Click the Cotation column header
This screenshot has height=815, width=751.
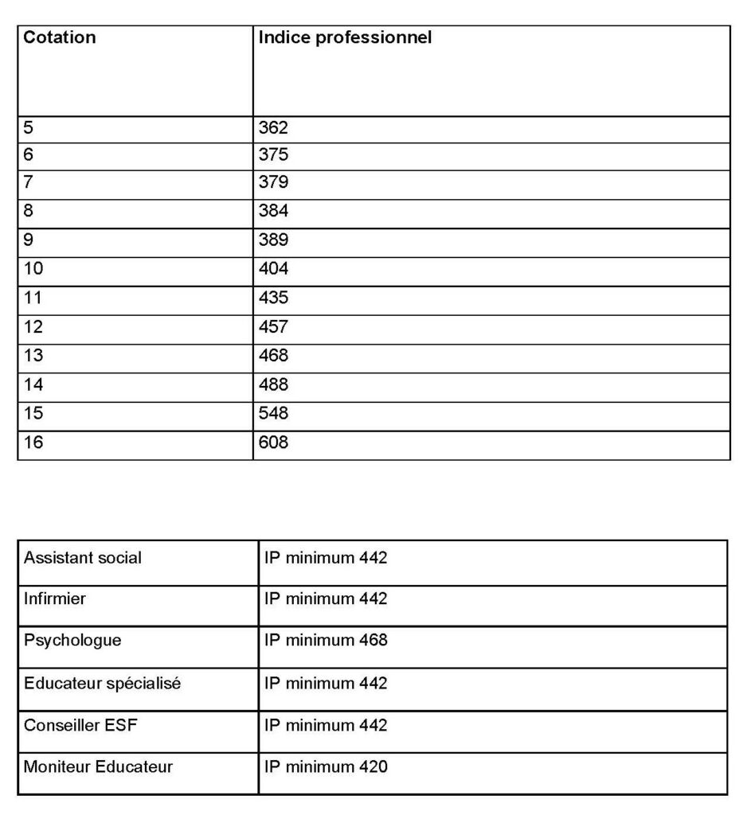60,37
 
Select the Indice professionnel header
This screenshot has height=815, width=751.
345,37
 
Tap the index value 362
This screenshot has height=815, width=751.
273,127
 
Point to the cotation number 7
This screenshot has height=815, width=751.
29,182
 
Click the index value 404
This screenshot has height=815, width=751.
273,269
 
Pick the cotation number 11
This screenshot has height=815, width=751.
33,298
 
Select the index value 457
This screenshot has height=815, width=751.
273,326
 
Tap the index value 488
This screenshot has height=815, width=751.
273,384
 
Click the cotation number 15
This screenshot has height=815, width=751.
33,413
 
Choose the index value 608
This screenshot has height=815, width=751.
273,442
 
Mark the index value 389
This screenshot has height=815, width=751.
273,240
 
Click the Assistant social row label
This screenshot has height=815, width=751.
83,558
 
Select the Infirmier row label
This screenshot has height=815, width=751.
55,599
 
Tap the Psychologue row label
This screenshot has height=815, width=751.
72,640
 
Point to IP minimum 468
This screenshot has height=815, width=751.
326,640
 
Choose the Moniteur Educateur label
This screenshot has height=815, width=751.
98,767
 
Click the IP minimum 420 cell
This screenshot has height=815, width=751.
326,767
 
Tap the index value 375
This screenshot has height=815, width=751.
273,155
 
